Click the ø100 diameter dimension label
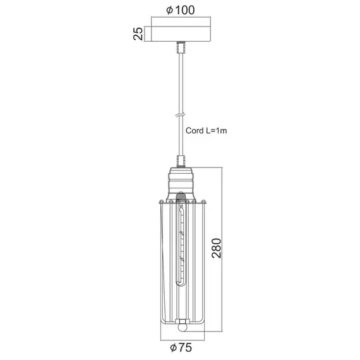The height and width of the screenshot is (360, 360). (x=181, y=10)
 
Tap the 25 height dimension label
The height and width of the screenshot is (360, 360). (x=138, y=33)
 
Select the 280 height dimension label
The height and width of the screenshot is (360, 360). (x=217, y=248)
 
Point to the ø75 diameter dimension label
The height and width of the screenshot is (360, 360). (x=181, y=347)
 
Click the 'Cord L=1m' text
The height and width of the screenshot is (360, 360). (x=206, y=131)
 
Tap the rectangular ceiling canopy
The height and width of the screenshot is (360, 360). (x=181, y=33)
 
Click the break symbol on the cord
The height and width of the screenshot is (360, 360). (x=181, y=115)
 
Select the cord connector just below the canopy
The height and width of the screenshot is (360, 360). (x=181, y=47)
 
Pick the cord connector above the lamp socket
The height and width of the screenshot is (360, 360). (x=181, y=161)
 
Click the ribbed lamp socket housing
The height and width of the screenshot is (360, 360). (x=181, y=184)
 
